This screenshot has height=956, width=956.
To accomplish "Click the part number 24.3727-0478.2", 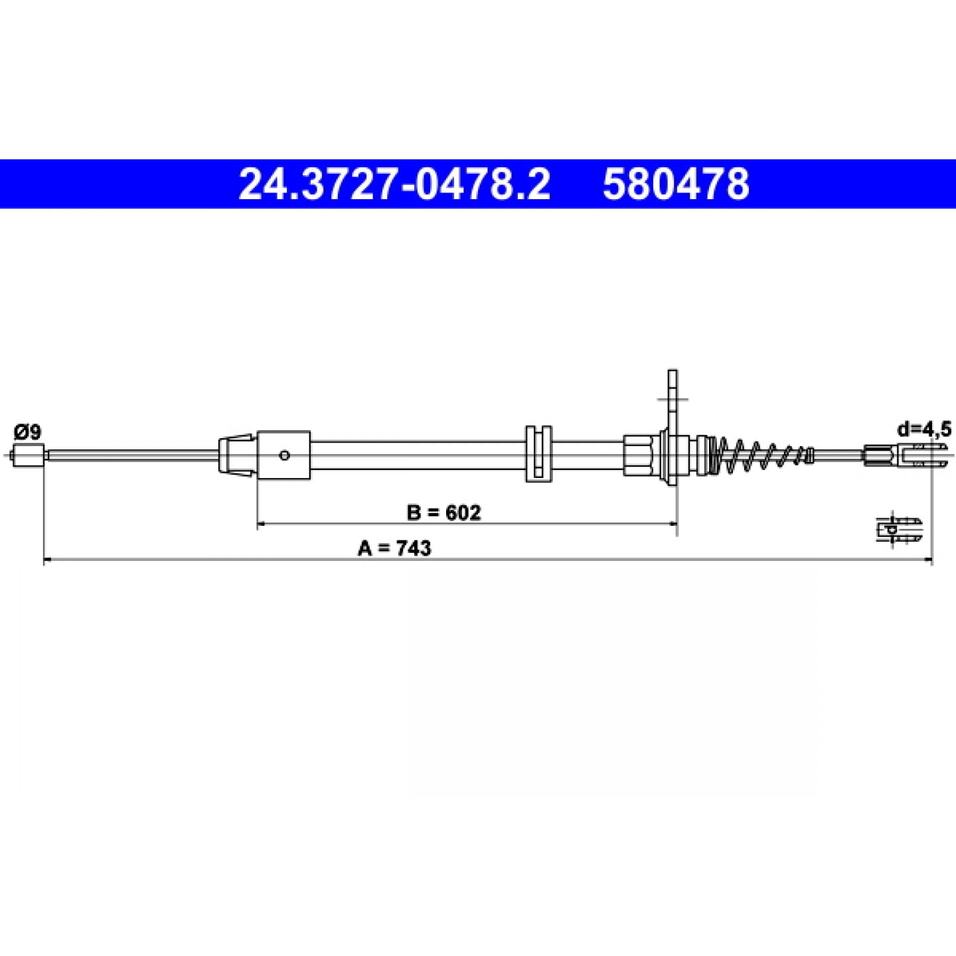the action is [x=394, y=184].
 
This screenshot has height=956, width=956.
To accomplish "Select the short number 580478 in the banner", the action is [x=676, y=184].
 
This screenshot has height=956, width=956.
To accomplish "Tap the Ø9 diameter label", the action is [x=28, y=432].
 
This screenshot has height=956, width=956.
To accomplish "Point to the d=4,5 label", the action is [x=924, y=430].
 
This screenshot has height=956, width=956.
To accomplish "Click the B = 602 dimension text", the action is [x=444, y=513].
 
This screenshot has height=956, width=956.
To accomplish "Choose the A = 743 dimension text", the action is [x=395, y=548].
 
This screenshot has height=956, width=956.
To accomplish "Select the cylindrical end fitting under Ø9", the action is [x=29, y=455].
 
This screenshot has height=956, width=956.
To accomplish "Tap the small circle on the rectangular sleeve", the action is [x=284, y=455].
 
